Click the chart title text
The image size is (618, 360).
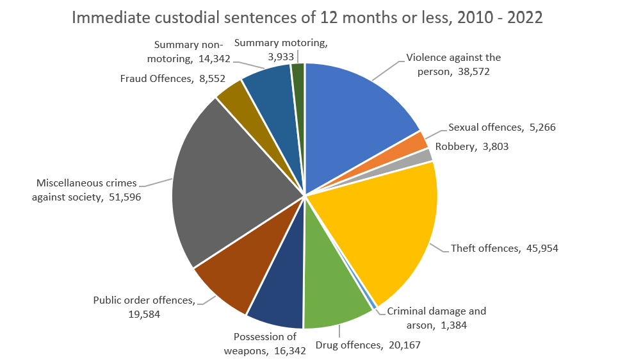[307, 17]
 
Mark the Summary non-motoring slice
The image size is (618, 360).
[269, 80]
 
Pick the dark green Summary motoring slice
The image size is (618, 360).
[298, 72]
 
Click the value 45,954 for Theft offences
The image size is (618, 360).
[539, 248]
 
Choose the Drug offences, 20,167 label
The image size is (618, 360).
[368, 346]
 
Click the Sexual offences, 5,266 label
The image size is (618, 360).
[501, 127]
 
